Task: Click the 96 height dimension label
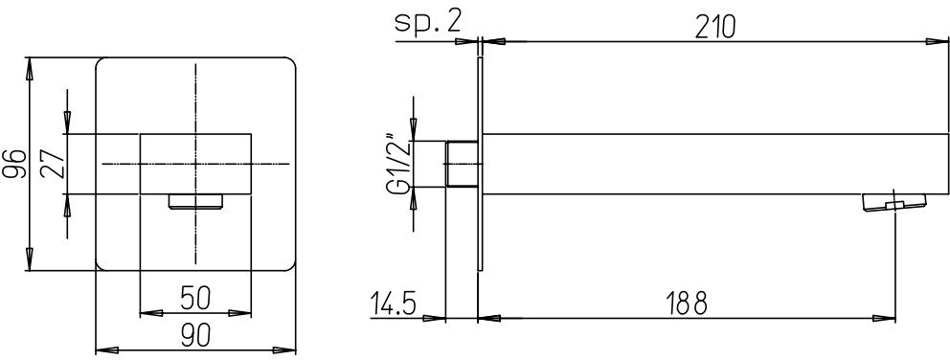15,164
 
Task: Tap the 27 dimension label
53,164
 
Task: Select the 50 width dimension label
195,298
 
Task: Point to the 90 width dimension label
195,334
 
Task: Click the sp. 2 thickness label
428,22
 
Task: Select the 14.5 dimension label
394,303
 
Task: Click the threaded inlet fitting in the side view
462,164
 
